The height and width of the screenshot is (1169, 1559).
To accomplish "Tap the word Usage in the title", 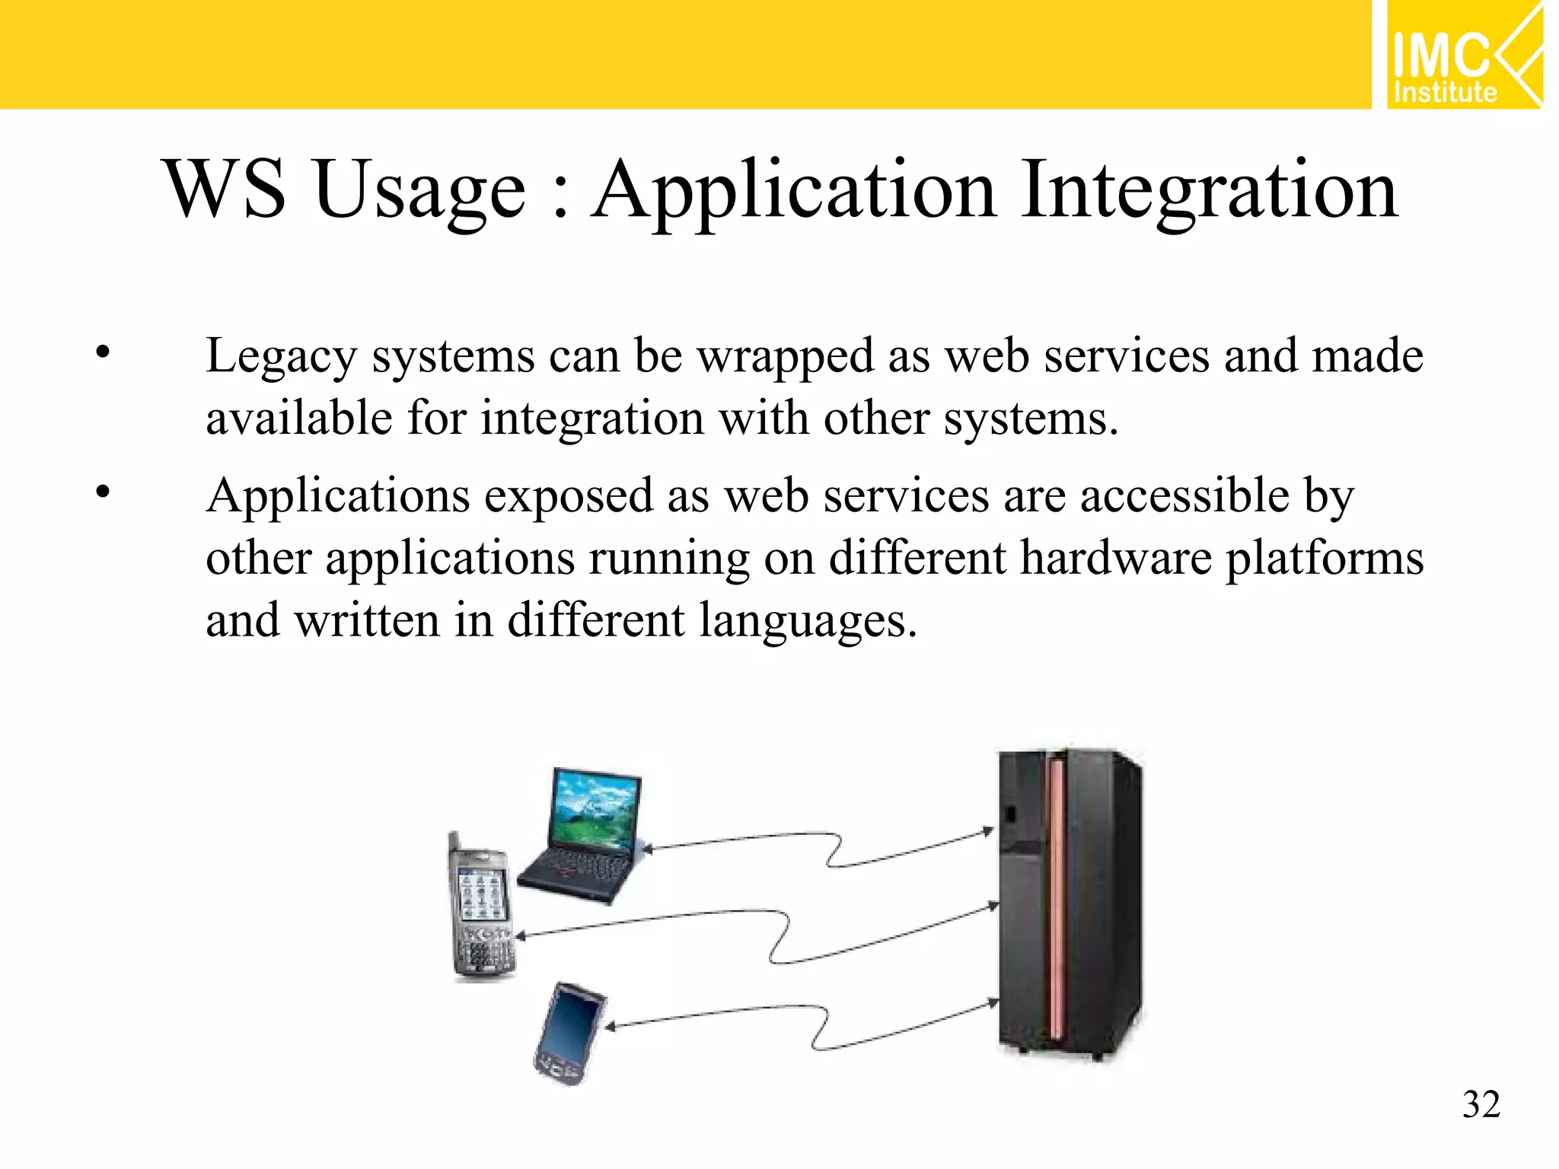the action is pyautogui.click(x=419, y=190).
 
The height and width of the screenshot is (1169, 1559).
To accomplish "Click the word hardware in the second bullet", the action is pyautogui.click(x=1115, y=558).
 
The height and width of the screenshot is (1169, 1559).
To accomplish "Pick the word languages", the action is pyautogui.click(x=807, y=620).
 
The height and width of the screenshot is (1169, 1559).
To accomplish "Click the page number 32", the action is pyautogui.click(x=1481, y=1104).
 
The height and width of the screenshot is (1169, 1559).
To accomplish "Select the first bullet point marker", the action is pyautogui.click(x=103, y=352).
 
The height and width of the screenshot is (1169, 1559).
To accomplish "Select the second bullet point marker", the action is pyautogui.click(x=103, y=492).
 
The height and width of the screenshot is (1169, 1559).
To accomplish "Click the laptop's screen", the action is pyautogui.click(x=596, y=811).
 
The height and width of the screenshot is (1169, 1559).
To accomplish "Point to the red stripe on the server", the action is pyautogui.click(x=1057, y=898).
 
